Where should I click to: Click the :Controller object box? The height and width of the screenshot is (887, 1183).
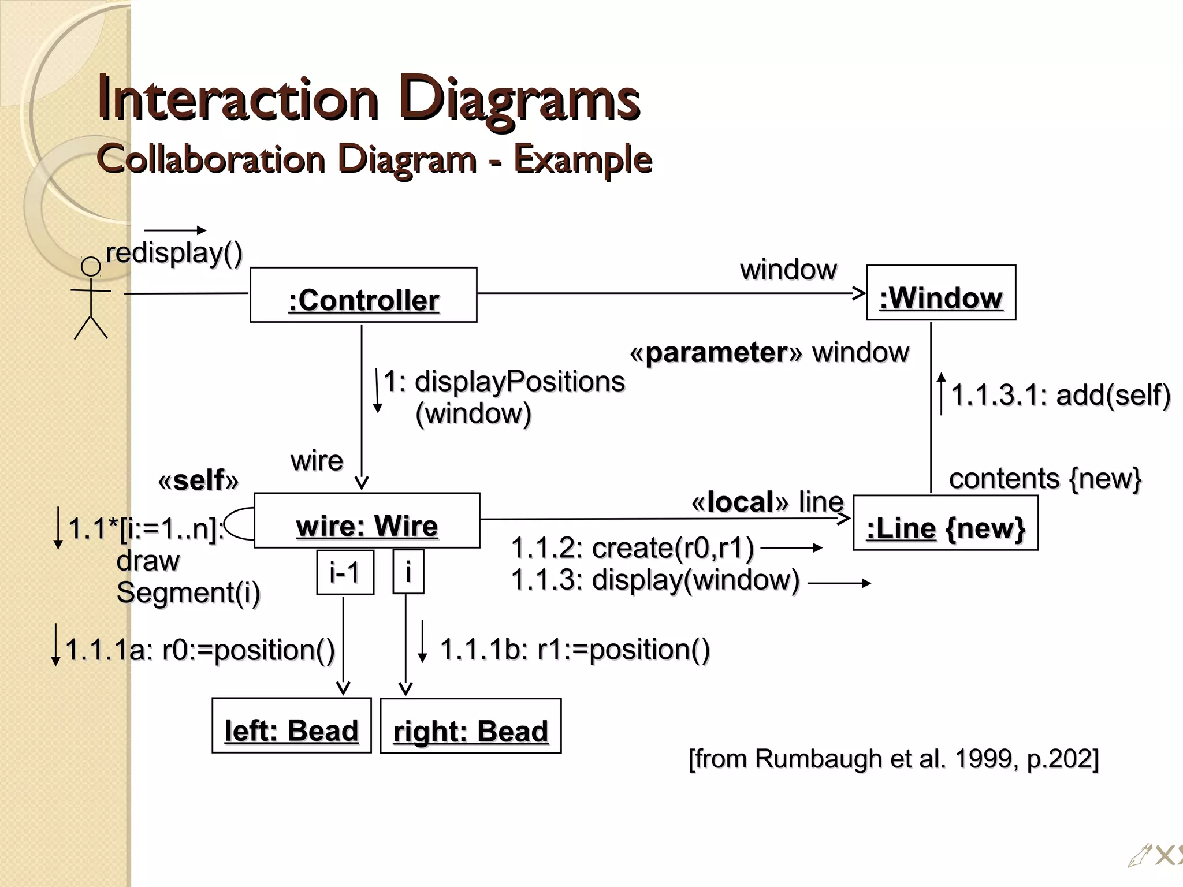tap(363, 295)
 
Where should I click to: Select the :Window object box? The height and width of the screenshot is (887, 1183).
tap(941, 293)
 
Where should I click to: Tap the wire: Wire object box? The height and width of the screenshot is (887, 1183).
tap(367, 520)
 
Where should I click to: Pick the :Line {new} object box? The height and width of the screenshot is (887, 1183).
tap(945, 523)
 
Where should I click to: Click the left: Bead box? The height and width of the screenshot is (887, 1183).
tap(291, 726)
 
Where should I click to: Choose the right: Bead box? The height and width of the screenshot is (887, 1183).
tap(470, 726)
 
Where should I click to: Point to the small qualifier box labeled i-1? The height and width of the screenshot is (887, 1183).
tap(345, 572)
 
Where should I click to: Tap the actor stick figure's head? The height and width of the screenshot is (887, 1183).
tap(91, 267)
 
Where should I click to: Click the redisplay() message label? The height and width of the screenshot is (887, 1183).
tap(174, 253)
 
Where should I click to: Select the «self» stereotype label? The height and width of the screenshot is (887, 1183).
tap(198, 480)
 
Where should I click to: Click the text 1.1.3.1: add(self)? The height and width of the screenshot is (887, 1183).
tap(1060, 396)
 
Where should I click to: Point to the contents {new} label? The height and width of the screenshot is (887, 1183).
tap(1044, 479)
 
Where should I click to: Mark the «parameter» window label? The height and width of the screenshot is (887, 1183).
tap(769, 353)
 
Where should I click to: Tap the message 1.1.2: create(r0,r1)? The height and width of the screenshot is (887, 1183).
tap(633, 547)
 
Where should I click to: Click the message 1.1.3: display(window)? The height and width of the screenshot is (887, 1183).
tap(656, 580)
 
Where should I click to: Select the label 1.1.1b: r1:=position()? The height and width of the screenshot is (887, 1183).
tap(575, 650)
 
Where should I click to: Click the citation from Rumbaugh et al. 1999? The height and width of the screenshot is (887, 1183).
tap(893, 759)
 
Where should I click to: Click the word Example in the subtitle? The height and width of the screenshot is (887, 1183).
tap(583, 159)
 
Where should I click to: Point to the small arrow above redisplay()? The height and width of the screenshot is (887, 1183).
tap(175, 230)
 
